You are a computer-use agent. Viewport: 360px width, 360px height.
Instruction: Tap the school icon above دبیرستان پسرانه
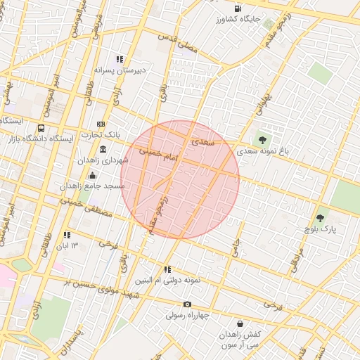[x=120, y=60]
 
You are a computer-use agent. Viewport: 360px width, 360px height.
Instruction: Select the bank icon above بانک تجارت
[x=101, y=124]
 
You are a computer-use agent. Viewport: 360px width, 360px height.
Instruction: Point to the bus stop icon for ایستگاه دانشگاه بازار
[x=41, y=129]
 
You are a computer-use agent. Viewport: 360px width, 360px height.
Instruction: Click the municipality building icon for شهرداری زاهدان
[x=103, y=149]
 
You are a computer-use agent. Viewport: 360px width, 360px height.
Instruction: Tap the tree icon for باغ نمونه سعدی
[x=263, y=141]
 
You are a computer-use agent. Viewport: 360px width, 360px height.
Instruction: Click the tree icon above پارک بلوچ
[x=321, y=219]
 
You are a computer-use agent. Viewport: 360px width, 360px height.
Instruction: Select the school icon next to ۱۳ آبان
[x=67, y=235]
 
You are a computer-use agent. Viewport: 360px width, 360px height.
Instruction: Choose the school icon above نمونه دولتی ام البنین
[x=167, y=269]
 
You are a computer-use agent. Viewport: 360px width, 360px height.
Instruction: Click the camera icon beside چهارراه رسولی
[x=187, y=304]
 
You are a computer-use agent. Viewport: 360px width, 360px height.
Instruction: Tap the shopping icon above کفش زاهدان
[x=241, y=324]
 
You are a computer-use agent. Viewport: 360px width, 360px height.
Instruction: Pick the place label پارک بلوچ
[x=321, y=230]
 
